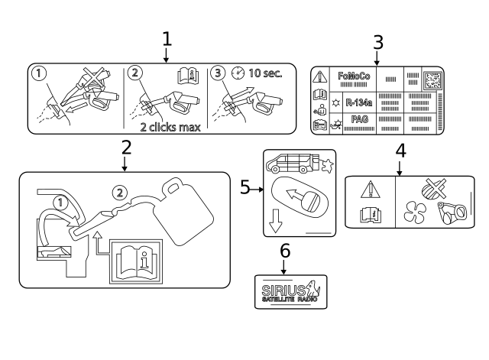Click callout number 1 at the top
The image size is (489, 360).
pyautogui.click(x=167, y=38)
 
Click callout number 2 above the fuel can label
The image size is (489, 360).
pyautogui.click(x=126, y=147)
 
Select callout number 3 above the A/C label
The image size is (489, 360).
pyautogui.click(x=377, y=42)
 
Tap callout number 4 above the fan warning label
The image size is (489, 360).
pyautogui.click(x=400, y=151)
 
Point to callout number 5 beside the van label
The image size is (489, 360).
pyautogui.click(x=245, y=186)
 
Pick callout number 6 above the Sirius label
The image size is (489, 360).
pyautogui.click(x=285, y=251)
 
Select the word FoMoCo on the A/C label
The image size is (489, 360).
pyautogui.click(x=354, y=76)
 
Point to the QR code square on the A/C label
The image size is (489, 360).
pyautogui.click(x=432, y=79)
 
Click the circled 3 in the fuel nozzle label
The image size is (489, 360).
pyautogui.click(x=219, y=73)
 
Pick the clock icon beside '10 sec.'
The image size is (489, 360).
pyautogui.click(x=238, y=73)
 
